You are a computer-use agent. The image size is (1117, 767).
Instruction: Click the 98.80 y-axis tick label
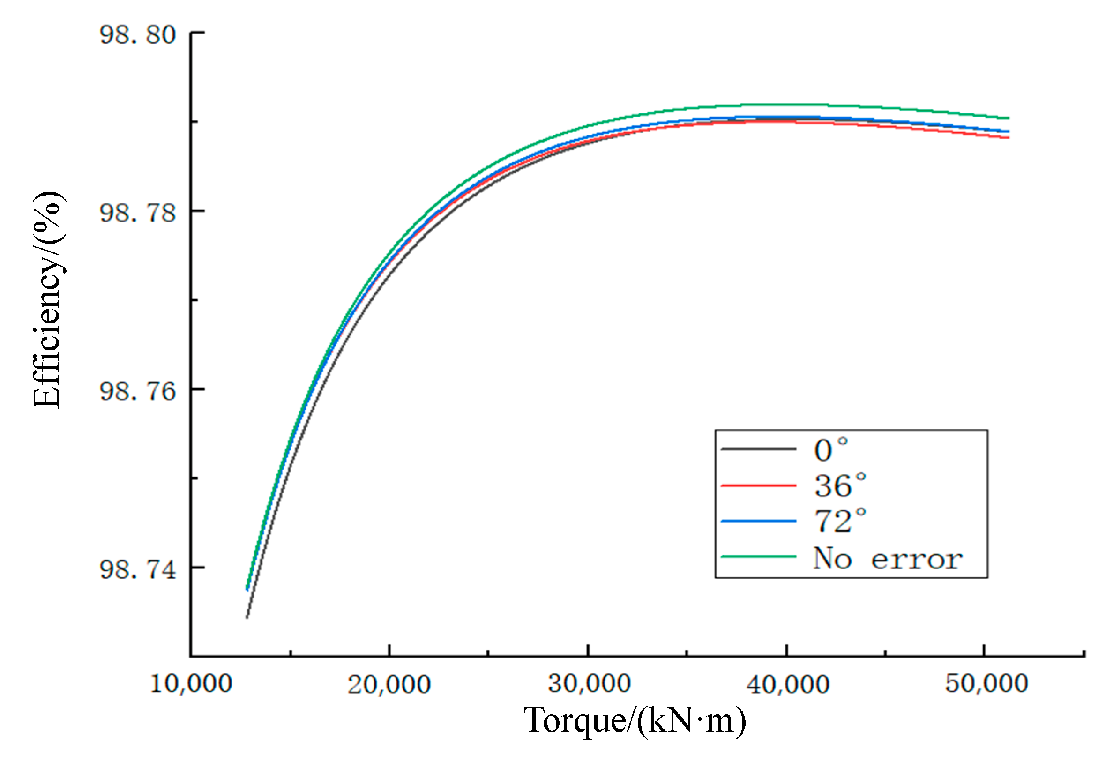coord(138,34)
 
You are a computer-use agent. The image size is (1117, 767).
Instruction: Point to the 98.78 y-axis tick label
coord(138,213)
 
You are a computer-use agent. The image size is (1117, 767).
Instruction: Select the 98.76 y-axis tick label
coord(138,391)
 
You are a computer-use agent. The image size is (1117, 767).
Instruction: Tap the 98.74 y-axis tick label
coord(138,569)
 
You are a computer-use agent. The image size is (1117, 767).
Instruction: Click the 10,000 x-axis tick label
coord(191,683)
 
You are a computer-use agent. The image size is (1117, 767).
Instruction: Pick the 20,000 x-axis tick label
coord(389,683)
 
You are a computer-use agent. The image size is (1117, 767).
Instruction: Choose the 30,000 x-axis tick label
coord(589,683)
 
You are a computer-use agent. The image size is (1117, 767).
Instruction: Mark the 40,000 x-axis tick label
coord(787,683)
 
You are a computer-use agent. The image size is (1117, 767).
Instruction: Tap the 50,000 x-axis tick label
coord(986,683)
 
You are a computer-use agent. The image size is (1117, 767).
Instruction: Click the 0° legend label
coord(830,450)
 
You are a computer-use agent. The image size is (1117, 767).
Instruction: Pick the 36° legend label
coord(840,486)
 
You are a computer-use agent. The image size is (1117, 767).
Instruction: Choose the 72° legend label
coord(840,521)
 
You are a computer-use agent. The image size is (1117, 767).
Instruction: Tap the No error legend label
coord(887,558)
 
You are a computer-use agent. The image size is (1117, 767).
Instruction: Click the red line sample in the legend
coord(758,486)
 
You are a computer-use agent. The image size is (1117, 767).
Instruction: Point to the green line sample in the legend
coord(758,557)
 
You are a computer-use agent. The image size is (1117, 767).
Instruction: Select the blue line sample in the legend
coord(758,521)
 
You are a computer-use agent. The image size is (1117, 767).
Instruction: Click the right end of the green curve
coord(1009,118)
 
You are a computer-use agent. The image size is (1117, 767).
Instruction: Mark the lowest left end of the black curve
coord(247,617)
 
